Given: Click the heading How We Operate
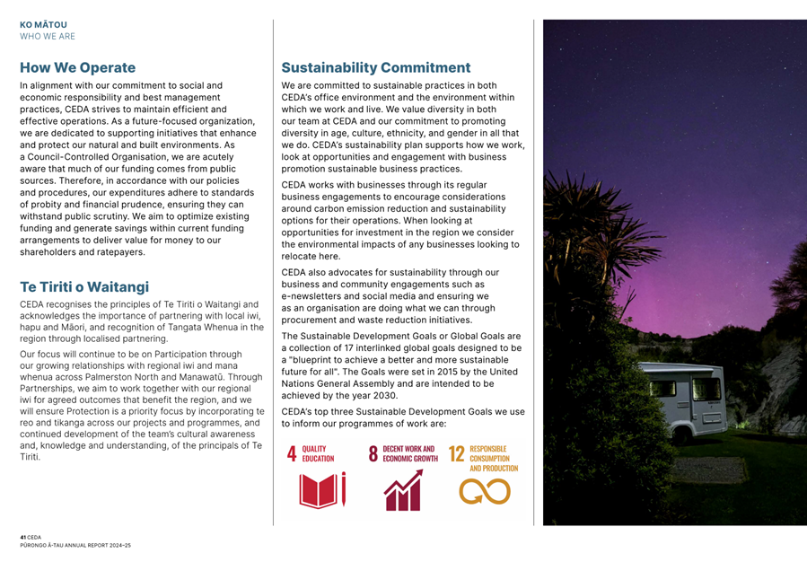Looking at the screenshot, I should (78, 67).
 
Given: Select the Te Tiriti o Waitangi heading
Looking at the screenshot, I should (84, 286).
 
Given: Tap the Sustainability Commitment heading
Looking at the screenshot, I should (376, 67).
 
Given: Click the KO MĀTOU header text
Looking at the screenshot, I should (43, 25).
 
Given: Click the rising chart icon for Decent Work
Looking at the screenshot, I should (402, 492).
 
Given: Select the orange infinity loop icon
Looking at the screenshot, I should (485, 491).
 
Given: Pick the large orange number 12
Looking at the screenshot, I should (456, 454).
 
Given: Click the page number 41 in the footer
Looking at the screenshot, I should (23, 536).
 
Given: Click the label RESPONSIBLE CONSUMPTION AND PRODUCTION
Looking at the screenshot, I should (495, 458).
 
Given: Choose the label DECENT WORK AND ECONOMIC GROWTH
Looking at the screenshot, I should (410, 452).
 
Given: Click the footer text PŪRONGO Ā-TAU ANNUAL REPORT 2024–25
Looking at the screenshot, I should (75, 544).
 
